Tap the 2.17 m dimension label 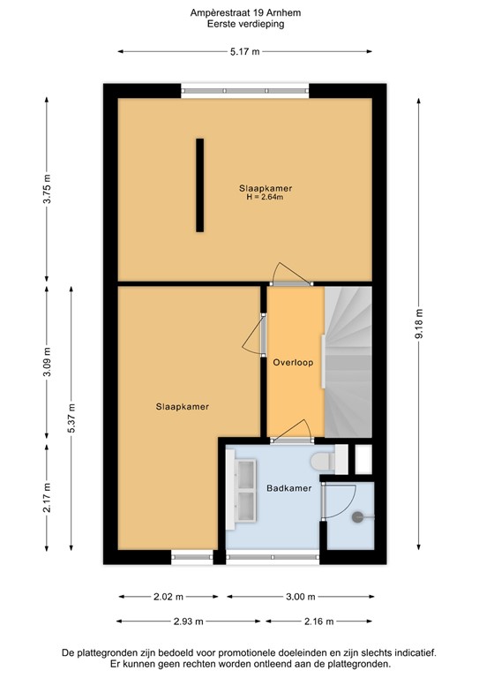(x=47, y=503)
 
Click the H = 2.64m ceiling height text (x=265, y=198)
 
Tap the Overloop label (x=294, y=363)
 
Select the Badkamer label (x=274, y=487)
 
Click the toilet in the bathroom (x=323, y=460)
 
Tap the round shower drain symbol (x=358, y=518)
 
